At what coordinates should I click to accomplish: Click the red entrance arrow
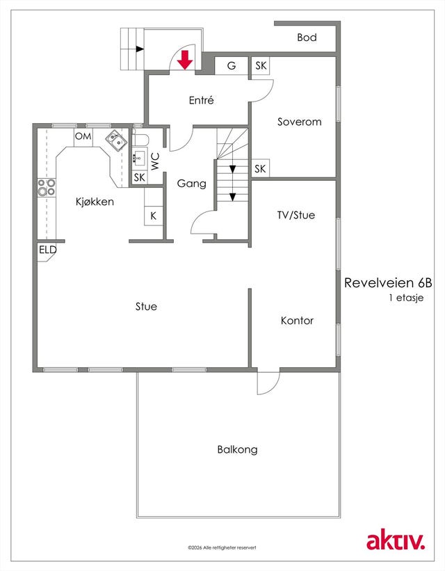[x=185, y=60]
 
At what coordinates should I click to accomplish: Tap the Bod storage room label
[x=307, y=38]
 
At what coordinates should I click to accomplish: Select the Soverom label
[x=300, y=122]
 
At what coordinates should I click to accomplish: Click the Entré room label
[x=202, y=100]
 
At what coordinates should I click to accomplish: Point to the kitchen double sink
[x=117, y=140]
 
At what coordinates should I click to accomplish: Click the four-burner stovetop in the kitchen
[x=47, y=187]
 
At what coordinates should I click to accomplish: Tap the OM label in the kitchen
[x=83, y=136]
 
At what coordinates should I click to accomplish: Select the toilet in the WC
[x=140, y=140]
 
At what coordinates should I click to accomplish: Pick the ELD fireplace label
[x=48, y=250]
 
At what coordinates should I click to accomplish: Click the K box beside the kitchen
[x=153, y=216]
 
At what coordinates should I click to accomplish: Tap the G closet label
[x=232, y=66]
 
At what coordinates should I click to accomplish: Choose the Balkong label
[x=237, y=449]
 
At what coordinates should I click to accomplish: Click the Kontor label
[x=297, y=321]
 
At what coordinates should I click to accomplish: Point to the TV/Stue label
[x=296, y=215]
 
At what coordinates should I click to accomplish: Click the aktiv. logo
[x=396, y=541]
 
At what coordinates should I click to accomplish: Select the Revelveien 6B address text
[x=388, y=282]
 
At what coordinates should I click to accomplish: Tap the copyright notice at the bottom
[x=222, y=547]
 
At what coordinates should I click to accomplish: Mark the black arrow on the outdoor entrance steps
[x=140, y=49]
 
